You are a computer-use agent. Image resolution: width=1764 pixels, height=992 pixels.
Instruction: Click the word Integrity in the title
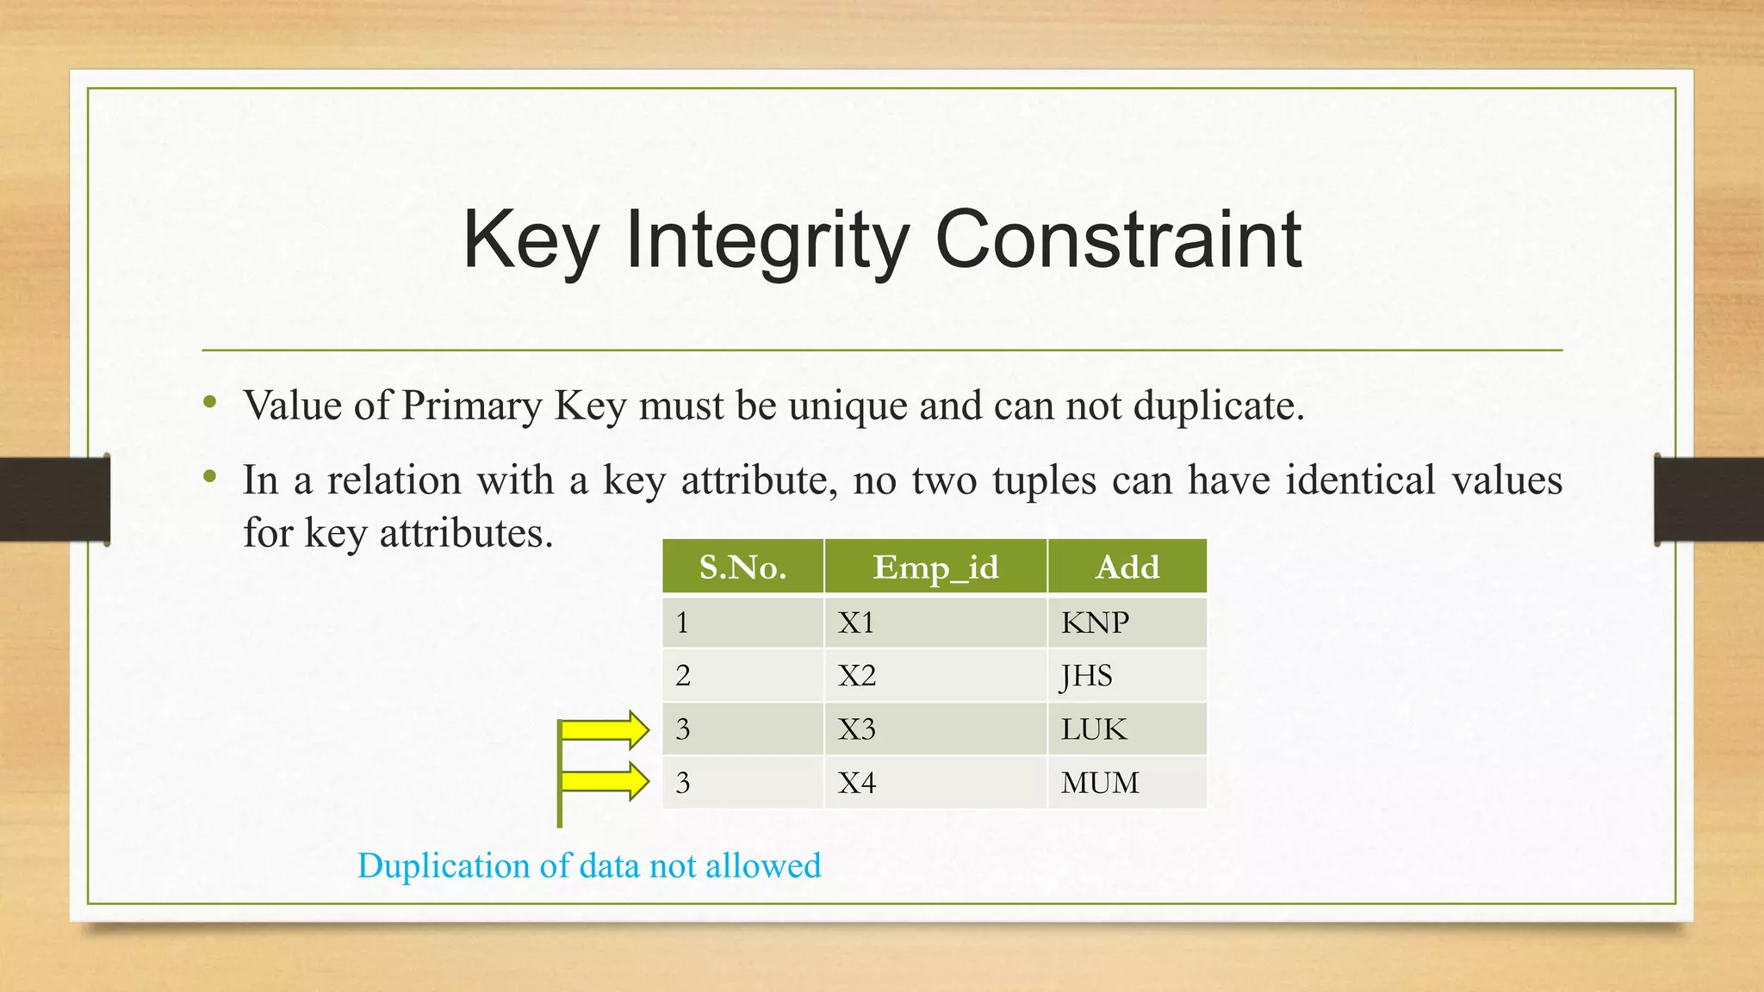[767, 240]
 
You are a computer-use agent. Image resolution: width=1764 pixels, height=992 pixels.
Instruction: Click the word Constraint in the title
[1118, 240]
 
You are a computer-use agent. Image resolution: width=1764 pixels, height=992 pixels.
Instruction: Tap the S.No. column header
[742, 567]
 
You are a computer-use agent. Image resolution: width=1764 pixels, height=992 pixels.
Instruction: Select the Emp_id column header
[935, 567]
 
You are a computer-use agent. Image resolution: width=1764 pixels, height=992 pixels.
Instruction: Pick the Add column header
[1127, 567]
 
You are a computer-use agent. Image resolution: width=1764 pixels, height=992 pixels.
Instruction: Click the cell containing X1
[935, 623]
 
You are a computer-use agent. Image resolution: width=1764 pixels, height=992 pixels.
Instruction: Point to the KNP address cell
[1127, 623]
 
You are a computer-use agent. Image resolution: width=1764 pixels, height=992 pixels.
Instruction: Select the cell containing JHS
[1127, 676]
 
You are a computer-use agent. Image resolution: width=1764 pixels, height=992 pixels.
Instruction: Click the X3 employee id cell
[935, 729]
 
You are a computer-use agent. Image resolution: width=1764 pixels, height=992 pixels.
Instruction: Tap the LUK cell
[1127, 729]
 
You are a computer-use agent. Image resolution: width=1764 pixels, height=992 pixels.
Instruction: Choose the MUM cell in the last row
[1127, 783]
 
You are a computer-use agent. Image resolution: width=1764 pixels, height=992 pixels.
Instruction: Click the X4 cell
[935, 783]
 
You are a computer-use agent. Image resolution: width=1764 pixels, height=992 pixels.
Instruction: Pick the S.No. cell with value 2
[742, 676]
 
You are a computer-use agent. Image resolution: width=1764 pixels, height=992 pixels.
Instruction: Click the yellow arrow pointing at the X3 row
[606, 730]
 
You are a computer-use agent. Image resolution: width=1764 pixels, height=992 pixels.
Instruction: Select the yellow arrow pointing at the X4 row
[606, 782]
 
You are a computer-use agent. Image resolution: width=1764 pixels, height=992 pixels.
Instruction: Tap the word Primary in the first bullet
[471, 406]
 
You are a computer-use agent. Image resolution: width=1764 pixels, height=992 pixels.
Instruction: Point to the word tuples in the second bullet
[1044, 480]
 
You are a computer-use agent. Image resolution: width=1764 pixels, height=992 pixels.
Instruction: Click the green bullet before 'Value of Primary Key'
[209, 401]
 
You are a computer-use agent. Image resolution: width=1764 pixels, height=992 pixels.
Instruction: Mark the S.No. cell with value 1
[742, 623]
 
